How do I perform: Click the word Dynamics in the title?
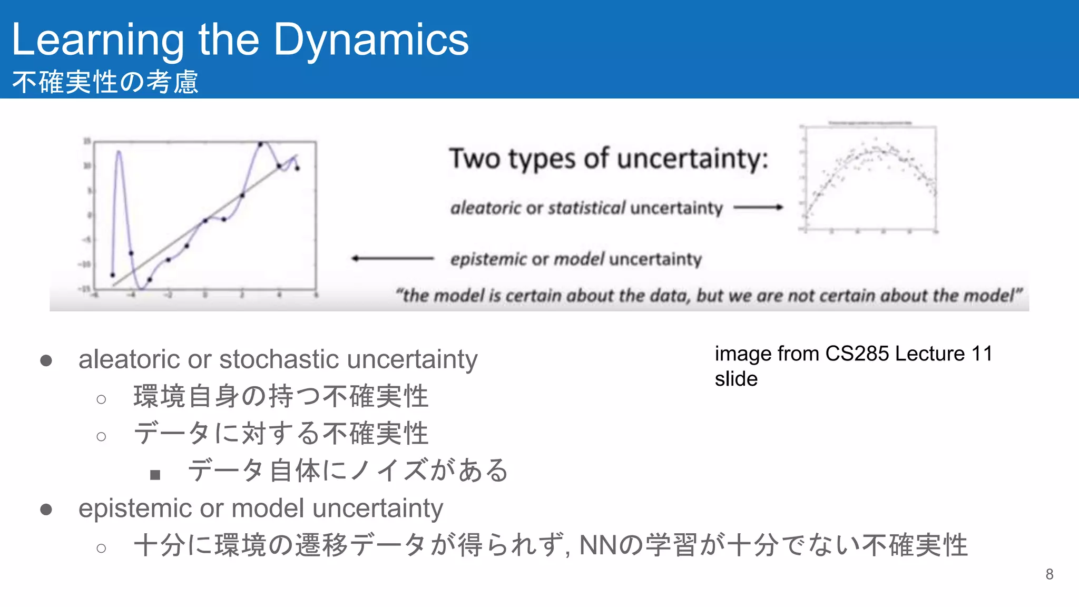[371, 40]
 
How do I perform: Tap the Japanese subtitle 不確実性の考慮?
[105, 83]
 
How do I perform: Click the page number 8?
[1049, 574]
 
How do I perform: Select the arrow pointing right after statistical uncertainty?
[758, 208]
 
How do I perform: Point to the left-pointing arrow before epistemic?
[393, 258]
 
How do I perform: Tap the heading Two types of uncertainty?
[609, 159]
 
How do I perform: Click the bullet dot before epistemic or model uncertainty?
[46, 509]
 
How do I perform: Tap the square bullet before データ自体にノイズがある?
[155, 475]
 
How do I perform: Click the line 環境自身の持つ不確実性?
[281, 396]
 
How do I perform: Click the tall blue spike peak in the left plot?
[119, 152]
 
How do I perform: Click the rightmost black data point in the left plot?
[298, 169]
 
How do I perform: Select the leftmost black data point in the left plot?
[112, 275]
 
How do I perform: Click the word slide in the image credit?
[736, 379]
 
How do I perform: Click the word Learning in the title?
[98, 40]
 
